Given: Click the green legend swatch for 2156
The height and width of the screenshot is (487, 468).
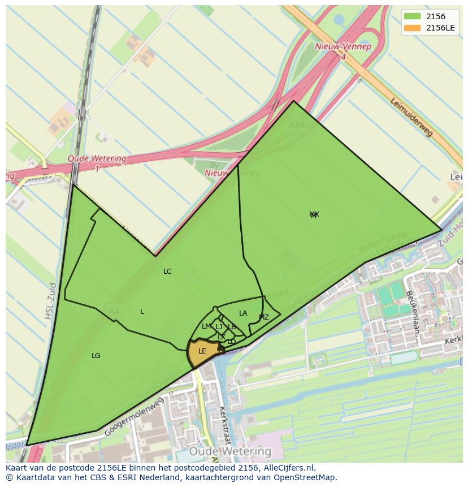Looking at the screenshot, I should (x=412, y=16).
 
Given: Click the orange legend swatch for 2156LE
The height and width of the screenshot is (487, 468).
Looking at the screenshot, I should (x=412, y=28).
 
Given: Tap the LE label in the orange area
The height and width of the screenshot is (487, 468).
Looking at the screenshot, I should (x=202, y=351).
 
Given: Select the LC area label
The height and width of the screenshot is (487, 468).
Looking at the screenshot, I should (x=167, y=271).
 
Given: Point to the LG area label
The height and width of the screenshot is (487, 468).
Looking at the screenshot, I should (x=96, y=356).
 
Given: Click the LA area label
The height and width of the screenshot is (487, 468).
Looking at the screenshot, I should (x=243, y=313).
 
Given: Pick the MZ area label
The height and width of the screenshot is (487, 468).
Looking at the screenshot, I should (x=264, y=317).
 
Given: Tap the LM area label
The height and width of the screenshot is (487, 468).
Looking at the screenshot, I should (x=206, y=326).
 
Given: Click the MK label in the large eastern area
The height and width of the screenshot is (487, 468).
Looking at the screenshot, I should (x=314, y=214).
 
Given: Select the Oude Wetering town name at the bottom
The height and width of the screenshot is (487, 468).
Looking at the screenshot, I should (x=230, y=451).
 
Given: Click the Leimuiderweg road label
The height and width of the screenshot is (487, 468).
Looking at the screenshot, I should (x=411, y=117).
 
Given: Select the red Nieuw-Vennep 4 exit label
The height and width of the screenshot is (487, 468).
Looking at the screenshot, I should (x=343, y=51).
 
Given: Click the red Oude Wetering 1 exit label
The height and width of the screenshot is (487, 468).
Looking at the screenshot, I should (x=97, y=162).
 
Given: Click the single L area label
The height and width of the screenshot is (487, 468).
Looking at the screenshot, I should (x=142, y=312).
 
